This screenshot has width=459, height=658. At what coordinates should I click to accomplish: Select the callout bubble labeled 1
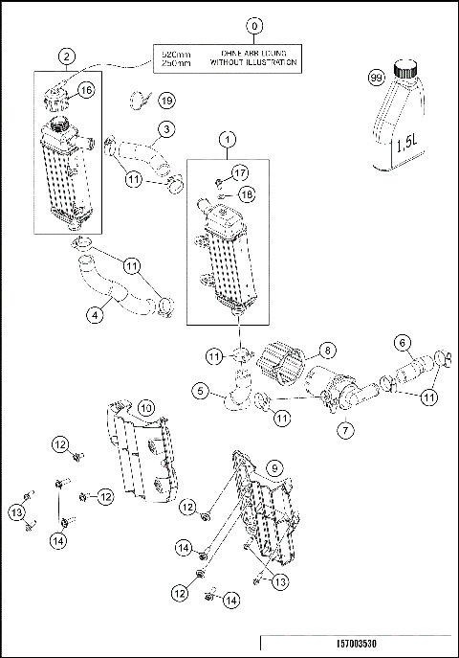coord(227,141)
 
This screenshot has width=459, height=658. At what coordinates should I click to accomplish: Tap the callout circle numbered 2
coord(66,56)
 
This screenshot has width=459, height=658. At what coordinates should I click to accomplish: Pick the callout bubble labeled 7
coord(340,430)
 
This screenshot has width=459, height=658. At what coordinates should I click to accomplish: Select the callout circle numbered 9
coord(273,467)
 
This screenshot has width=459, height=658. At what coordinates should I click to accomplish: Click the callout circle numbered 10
coord(143,408)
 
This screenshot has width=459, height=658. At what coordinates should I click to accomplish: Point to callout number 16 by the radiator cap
coord(83,89)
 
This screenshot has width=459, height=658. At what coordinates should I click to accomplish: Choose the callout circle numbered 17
coord(239,172)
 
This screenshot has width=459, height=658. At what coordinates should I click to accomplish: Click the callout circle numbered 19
coord(165,99)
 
